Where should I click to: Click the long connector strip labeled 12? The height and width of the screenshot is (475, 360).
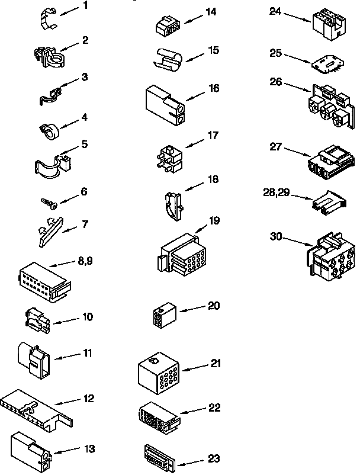click(36, 408)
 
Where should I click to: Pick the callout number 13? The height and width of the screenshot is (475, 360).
click(89, 449)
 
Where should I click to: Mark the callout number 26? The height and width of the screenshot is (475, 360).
click(275, 82)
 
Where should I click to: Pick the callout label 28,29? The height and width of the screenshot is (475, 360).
click(277, 192)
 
